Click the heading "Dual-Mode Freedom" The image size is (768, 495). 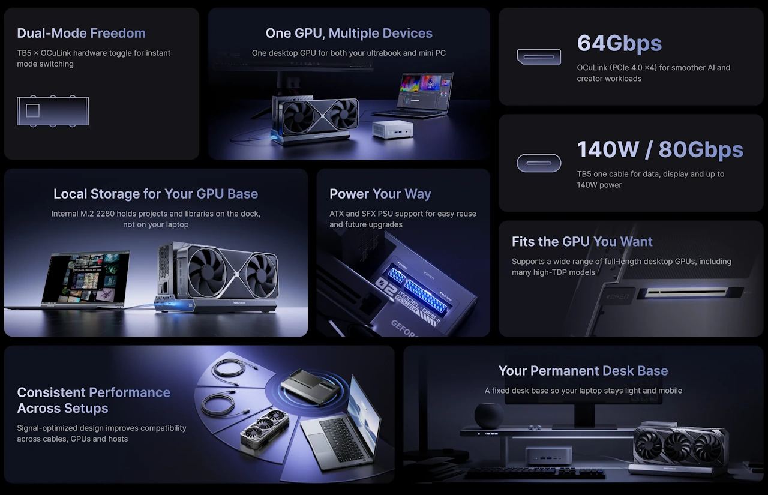[81, 33]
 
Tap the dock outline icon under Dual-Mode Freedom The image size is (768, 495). [53, 111]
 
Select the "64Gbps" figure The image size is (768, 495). [619, 43]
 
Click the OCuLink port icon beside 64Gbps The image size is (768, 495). [539, 57]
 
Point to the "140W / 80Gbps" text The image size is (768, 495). [660, 149]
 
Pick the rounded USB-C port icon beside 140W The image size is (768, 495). [539, 163]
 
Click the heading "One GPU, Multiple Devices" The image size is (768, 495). [349, 33]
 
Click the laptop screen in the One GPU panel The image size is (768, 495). [427, 89]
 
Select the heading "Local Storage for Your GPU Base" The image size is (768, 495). [155, 194]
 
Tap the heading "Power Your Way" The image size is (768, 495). [380, 194]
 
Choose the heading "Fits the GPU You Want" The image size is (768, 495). [582, 241]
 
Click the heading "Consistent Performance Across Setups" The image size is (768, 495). [94, 400]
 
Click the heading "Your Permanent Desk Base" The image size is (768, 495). [583, 371]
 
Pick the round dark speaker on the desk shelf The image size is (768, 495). [489, 415]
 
